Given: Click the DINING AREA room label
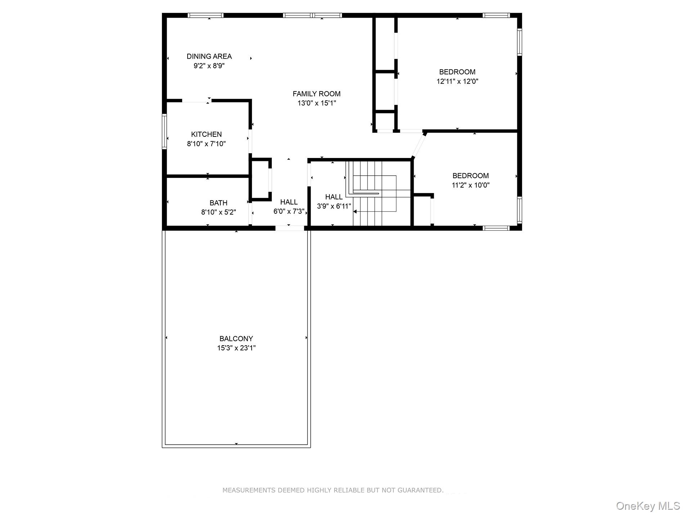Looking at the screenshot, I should tap(209, 56).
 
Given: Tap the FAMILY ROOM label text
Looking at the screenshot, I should tap(316, 94).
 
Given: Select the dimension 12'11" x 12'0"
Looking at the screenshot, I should tap(457, 81).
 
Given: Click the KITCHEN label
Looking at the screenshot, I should tap(206, 134).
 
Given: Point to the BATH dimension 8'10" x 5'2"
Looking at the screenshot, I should tap(218, 212).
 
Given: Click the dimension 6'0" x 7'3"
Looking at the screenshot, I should tap(289, 211).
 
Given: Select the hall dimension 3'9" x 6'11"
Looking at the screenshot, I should tap(334, 206).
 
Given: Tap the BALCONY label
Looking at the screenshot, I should tap(236, 338).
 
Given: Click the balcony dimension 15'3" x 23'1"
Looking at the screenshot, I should tap(236, 348).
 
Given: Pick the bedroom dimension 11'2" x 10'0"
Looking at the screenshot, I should tap(471, 185).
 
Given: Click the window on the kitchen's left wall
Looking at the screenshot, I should tap(165, 131).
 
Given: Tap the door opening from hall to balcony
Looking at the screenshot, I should tap(290, 228).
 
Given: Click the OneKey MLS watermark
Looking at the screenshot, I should tap(648, 506).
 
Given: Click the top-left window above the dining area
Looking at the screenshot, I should tap(206, 15).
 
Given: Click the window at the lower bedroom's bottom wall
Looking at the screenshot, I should tap(496, 228).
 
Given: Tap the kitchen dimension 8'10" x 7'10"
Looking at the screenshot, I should tap(206, 144).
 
